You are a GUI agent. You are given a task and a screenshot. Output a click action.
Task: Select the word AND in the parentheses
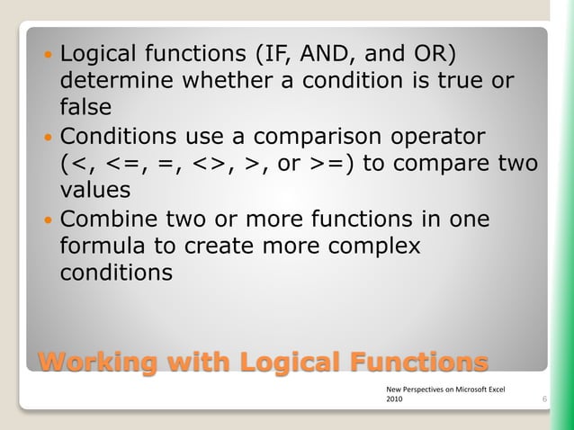pyautogui.click(x=330, y=51)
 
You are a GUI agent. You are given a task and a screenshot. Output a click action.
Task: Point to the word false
pyautogui.click(x=85, y=107)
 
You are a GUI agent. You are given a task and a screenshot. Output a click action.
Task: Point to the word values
pyautogui.click(x=94, y=191)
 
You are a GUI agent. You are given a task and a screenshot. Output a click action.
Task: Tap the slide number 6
pyautogui.click(x=545, y=398)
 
